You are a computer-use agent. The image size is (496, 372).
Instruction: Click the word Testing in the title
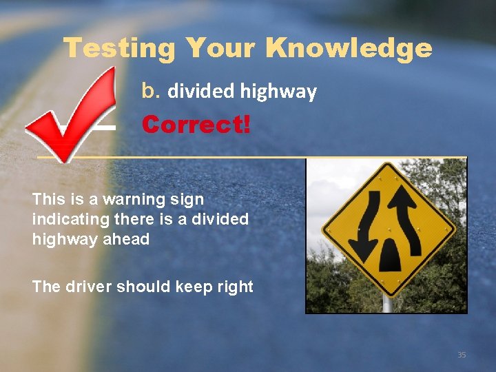119,49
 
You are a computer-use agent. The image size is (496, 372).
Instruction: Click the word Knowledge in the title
349,49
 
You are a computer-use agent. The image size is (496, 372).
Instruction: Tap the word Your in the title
220,49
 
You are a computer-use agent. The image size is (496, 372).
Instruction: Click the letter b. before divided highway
151,91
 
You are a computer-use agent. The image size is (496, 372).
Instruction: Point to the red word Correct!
196,125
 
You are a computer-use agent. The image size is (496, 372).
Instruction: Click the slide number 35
462,355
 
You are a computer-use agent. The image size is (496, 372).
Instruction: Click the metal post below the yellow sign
387,302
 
